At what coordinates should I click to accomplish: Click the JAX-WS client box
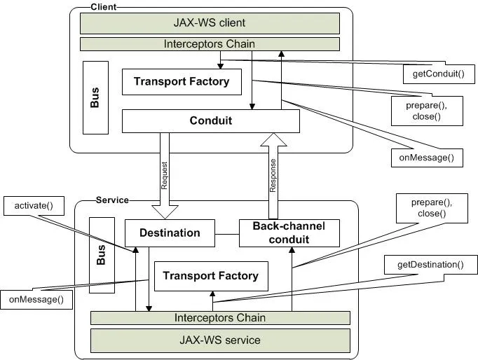tap(210, 22)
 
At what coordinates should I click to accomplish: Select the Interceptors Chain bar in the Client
tap(210, 44)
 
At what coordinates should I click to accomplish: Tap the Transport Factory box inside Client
tap(182, 82)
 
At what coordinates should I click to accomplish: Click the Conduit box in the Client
tap(211, 120)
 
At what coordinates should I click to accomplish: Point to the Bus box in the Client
tap(95, 98)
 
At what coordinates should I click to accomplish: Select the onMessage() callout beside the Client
tap(428, 158)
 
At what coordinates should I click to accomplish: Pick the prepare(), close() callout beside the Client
tap(427, 110)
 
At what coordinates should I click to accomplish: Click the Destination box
tap(170, 233)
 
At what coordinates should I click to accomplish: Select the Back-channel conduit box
tap(289, 233)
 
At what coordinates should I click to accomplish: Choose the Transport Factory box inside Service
tap(210, 276)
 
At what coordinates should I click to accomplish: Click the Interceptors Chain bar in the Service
tap(220, 318)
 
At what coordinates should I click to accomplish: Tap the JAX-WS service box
tap(220, 340)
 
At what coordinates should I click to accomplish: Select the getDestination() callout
tap(431, 265)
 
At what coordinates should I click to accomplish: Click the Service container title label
tap(112, 200)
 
